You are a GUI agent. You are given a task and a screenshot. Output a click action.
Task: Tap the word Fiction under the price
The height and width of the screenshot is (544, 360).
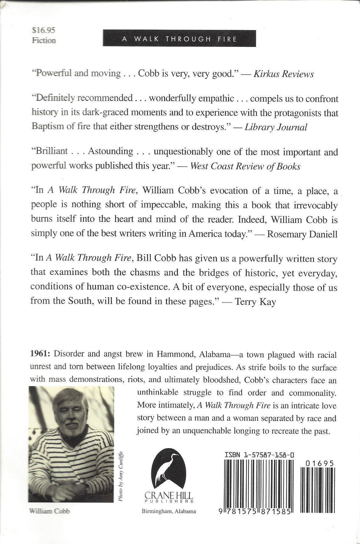[44, 40]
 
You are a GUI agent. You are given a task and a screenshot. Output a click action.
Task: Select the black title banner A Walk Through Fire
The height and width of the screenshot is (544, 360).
[180, 39]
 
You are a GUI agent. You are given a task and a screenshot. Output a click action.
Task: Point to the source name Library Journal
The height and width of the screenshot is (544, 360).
[275, 127]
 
